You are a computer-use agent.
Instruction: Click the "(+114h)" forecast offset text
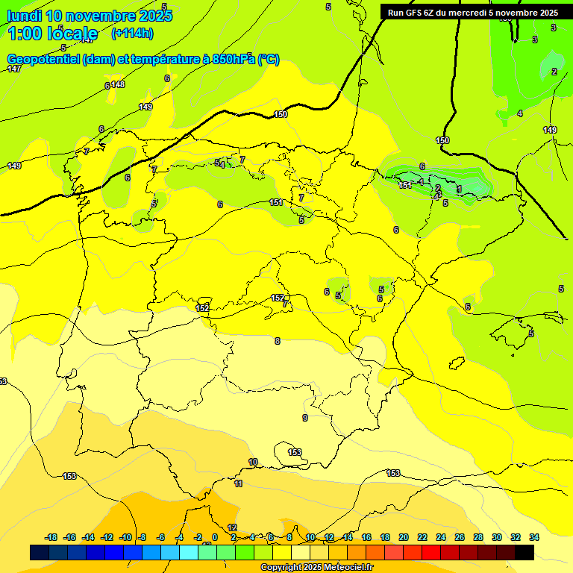132,33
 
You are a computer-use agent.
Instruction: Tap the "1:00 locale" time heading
52,33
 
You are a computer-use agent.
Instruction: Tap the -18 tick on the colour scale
51,537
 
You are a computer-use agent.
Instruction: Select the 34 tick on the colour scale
534,537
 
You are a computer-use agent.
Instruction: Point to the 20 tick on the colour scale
404,537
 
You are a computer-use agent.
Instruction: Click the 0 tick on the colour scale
214,537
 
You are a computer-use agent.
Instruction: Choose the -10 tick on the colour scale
125,537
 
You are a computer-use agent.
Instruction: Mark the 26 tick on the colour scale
460,537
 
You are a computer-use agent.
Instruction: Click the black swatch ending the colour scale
525,552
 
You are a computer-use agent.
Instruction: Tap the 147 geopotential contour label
14,69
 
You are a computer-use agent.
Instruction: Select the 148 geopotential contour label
118,84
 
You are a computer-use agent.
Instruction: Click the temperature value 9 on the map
304,418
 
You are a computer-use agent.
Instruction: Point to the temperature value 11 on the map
238,484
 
